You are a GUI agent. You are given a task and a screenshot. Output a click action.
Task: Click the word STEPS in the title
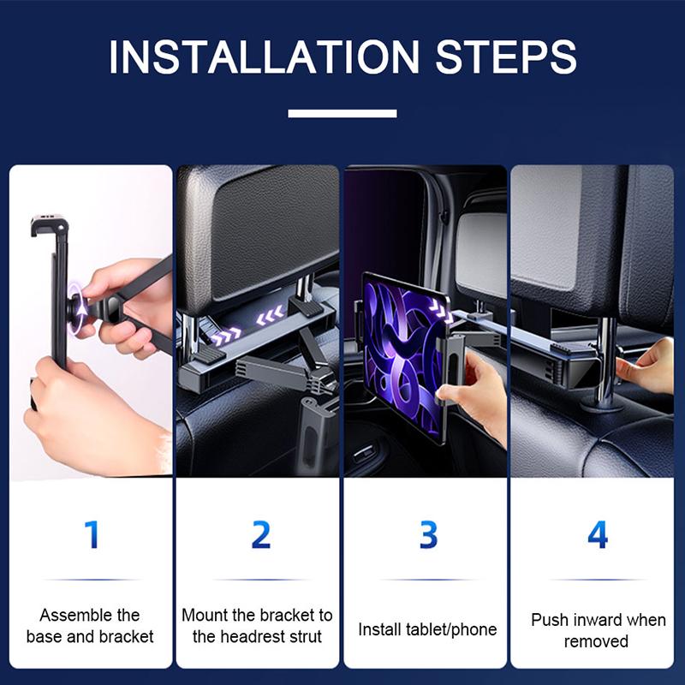pos(506,57)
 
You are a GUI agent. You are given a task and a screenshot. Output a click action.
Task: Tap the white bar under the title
pos(342,113)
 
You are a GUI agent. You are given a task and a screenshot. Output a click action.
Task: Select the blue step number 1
pos(92,534)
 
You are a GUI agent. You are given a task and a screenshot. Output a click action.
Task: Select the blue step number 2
pos(260,534)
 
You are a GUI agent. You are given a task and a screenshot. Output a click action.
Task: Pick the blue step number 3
pos(428,534)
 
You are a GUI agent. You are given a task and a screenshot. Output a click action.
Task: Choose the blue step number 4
pos(597,534)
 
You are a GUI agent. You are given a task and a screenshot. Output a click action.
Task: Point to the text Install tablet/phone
pos(427,630)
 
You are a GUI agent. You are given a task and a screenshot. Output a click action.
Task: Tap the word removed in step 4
pos(597,641)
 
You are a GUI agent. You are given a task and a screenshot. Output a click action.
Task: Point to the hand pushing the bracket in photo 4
pos(648,364)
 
